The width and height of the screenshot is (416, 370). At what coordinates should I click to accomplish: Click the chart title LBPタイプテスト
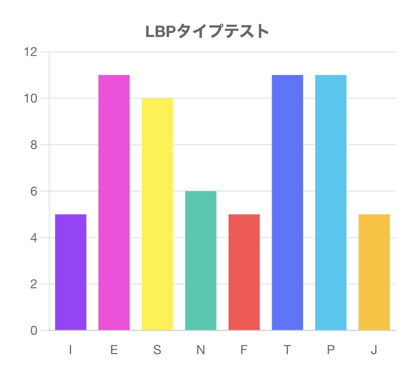207,31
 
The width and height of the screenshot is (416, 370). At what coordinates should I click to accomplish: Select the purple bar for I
71,272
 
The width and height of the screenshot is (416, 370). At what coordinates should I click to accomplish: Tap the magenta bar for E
114,203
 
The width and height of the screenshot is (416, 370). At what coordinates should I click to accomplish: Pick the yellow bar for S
157,214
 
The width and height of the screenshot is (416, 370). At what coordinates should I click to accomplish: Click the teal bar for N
201,260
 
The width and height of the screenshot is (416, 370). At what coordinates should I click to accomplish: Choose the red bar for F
244,272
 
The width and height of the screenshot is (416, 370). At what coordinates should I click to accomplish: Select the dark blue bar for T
288,203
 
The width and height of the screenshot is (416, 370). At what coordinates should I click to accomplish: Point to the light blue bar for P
331,203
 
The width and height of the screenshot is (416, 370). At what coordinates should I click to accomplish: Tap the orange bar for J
374,272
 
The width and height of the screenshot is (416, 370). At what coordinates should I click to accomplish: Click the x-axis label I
71,350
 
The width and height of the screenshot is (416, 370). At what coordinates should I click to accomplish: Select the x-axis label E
114,350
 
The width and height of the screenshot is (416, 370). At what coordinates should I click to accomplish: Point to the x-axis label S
157,350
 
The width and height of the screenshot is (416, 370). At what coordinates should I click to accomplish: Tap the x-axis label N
201,350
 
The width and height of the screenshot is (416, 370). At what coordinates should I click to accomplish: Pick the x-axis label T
287,350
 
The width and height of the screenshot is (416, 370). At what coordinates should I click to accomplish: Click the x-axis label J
374,350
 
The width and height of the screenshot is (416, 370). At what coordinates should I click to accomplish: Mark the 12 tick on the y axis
30,52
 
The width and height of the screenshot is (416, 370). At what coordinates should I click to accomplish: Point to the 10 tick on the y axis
30,98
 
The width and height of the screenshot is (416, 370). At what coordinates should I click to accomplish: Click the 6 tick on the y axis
34,191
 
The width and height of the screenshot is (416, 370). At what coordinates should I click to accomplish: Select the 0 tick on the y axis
34,331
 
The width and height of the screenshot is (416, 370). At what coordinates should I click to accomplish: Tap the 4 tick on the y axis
34,238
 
